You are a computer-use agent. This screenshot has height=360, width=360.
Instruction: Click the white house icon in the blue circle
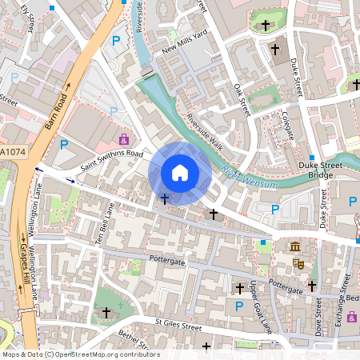[180, 173]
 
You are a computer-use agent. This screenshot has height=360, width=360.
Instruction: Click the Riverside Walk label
[203, 130]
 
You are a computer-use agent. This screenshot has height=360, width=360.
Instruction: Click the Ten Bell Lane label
[102, 225]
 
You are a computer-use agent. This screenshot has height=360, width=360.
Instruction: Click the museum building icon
[295, 246]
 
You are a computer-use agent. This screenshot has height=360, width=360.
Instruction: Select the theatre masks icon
[299, 262]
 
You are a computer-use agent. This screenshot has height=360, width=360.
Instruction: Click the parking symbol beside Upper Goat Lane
[238, 305]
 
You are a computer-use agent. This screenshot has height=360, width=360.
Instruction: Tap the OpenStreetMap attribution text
[81, 354]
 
